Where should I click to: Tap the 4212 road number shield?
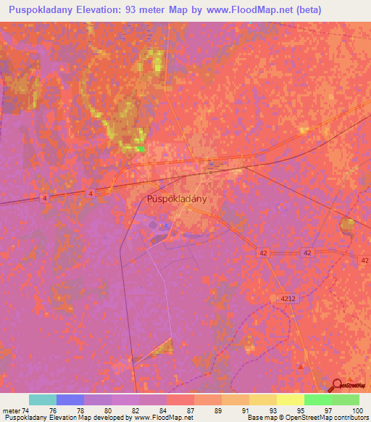tap(285, 299)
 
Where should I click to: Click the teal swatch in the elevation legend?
tap(43, 400)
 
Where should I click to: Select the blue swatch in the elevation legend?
tap(70, 400)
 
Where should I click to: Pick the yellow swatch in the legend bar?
tap(291, 400)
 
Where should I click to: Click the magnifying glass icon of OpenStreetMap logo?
tap(337, 386)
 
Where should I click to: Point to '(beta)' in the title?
tap(305, 9)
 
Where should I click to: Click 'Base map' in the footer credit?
tap(260, 418)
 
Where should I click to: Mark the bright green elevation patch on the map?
tap(140, 149)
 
